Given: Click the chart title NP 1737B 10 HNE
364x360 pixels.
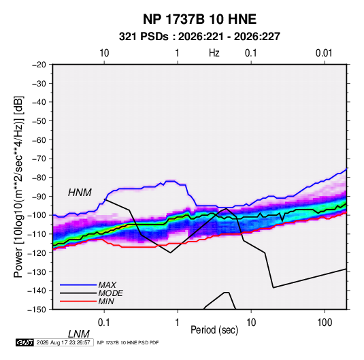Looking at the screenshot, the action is pos(199,19).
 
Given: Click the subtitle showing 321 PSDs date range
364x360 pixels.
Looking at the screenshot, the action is pos(199,37).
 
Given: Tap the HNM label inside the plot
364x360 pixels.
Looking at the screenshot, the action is pos(80,193).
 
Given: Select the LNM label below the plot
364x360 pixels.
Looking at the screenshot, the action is pos(78,334).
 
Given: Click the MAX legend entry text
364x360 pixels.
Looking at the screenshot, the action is pos(107,285).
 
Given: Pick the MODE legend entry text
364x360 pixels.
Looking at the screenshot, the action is pos(110,293).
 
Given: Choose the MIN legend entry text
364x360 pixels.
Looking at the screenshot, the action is pos(106,301).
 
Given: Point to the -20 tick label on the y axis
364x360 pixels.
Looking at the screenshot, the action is pos(39,65).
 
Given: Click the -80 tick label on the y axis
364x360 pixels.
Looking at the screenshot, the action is pos(39,178).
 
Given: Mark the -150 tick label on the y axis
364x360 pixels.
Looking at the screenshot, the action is pos(37,310).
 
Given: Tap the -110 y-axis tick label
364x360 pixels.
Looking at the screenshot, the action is pos(37,234).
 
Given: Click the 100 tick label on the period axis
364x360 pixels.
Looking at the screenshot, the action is pos(325,323).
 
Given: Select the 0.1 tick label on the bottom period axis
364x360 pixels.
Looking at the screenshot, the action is pos(104,323).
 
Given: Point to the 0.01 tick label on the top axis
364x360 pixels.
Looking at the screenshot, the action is pos(324,53).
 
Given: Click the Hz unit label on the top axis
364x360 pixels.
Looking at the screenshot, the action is pos(214,53).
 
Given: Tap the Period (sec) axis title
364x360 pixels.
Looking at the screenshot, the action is pos(214,330).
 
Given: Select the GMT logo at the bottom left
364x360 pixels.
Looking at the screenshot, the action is pos(25,342).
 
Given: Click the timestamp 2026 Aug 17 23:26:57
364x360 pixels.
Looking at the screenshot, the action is pos(63,342).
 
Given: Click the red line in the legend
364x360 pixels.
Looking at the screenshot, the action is pos(78,301).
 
